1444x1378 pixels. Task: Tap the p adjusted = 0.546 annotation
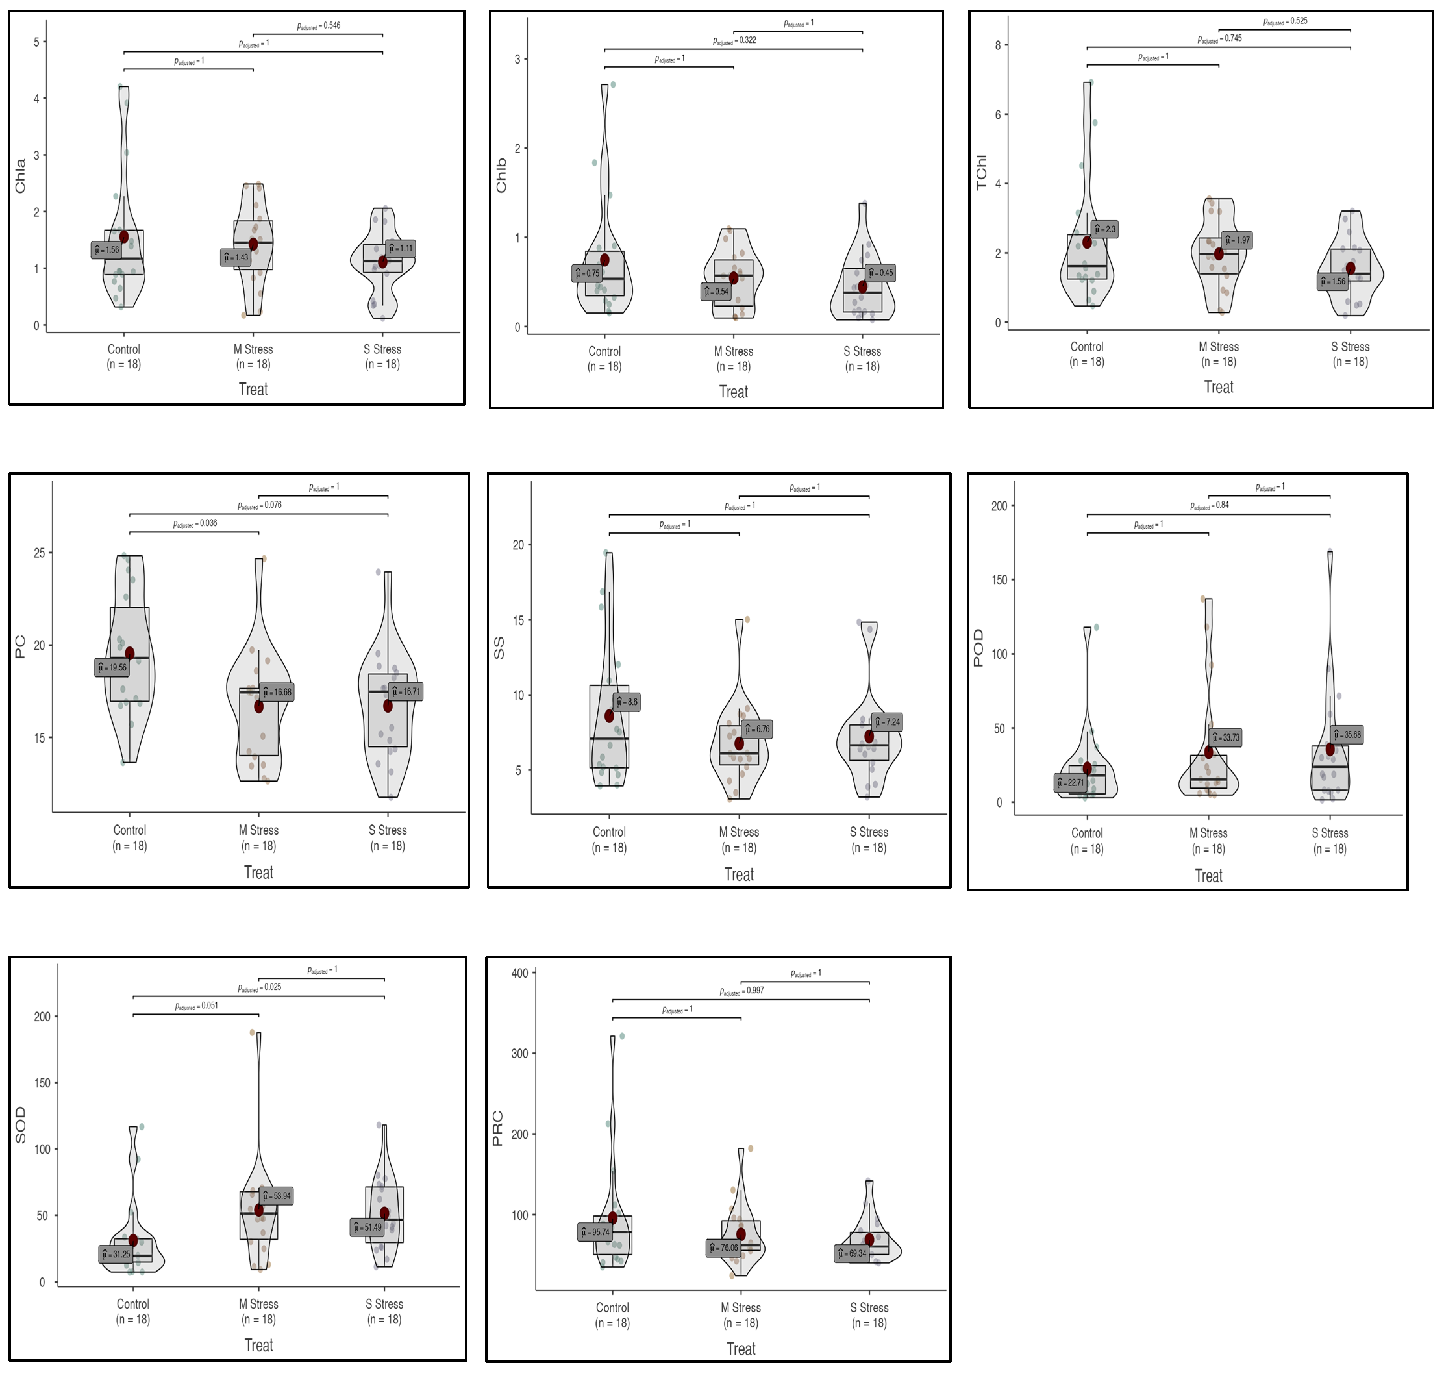coord(319,26)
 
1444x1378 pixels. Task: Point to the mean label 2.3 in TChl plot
coord(1104,229)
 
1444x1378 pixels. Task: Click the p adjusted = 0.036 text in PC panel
coord(195,524)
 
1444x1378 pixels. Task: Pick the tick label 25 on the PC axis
coord(39,553)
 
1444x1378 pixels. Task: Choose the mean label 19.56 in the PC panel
coord(112,668)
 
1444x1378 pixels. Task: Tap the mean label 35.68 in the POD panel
coord(1347,734)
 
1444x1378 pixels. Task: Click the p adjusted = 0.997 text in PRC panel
coord(742,991)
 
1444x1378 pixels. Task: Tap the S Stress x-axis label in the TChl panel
coord(1350,347)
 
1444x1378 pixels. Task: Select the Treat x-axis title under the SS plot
coord(739,875)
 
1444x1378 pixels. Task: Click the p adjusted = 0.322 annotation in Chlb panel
coord(734,40)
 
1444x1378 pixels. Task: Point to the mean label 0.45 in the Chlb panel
coord(881,273)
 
